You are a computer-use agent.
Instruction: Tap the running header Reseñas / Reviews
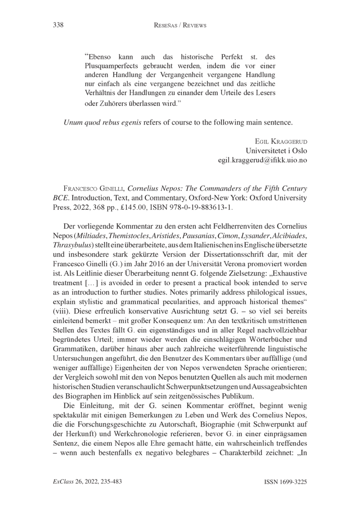180,26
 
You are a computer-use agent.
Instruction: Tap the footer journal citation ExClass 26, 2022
84,482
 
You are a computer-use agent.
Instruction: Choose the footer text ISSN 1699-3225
284,482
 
